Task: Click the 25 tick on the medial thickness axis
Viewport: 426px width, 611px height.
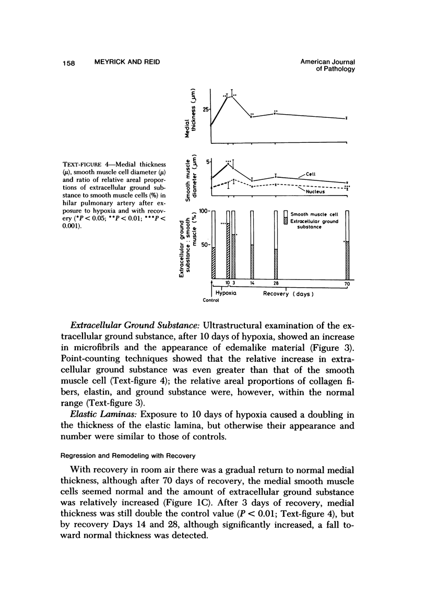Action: (x=206, y=108)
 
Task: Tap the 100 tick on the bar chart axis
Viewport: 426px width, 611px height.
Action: (x=204, y=211)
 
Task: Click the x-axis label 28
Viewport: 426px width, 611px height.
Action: (x=276, y=284)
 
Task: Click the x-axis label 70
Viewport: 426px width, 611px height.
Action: (x=347, y=285)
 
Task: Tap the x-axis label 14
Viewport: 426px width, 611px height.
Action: (x=252, y=284)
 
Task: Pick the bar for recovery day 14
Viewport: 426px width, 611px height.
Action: (x=252, y=245)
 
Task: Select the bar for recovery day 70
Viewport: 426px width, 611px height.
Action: (x=347, y=245)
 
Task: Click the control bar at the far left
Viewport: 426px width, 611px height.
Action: (x=213, y=245)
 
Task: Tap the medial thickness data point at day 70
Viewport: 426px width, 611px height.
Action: (x=347, y=119)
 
